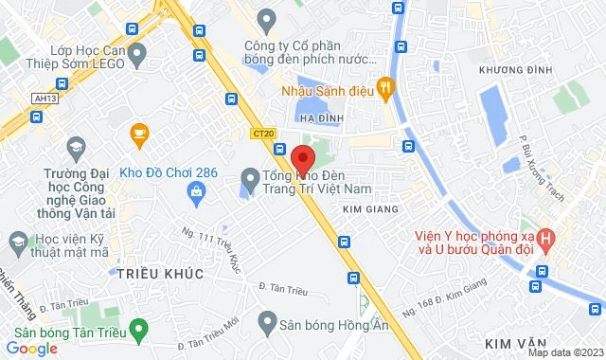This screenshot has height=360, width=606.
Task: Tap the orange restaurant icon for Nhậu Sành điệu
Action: (384, 90)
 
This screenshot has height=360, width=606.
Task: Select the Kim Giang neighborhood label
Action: (367, 207)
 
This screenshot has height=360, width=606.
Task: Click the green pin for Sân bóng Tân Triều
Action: (140, 332)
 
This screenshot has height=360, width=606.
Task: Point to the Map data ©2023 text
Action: (564, 352)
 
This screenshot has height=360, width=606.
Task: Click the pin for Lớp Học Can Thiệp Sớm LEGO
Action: (138, 54)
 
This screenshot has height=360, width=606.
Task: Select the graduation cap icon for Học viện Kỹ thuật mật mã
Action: (16, 244)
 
